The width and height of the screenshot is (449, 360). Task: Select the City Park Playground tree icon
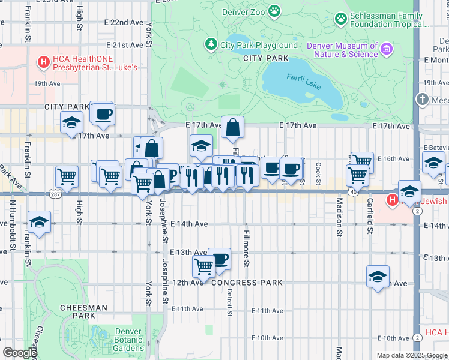click(211, 44)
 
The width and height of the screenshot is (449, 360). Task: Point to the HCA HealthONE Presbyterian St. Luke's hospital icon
click(43, 61)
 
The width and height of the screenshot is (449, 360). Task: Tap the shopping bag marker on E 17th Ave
click(232, 127)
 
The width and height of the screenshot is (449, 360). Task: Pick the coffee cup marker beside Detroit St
click(219, 259)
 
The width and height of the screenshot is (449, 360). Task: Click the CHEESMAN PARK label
click(83, 311)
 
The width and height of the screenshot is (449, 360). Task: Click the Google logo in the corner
click(19, 353)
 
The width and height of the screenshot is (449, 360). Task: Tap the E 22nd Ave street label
click(127, 22)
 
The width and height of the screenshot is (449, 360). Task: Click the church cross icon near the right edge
click(423, 100)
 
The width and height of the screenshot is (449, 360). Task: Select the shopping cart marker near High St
click(67, 176)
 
